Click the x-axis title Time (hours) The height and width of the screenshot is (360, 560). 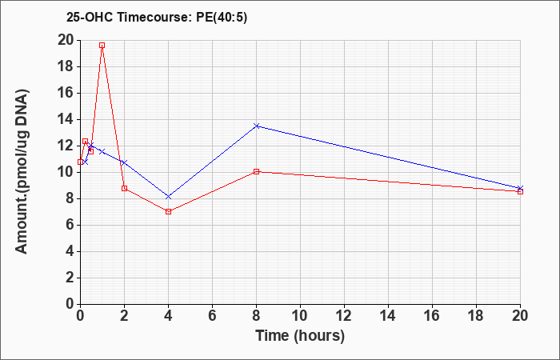300,335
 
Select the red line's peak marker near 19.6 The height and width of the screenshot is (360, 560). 102,46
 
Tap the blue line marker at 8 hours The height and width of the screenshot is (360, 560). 256,126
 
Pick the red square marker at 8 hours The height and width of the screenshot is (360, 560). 256,171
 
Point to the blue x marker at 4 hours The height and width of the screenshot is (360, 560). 168,196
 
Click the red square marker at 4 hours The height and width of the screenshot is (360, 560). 168,211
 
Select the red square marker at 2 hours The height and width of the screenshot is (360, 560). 124,188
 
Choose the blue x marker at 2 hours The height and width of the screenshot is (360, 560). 124,162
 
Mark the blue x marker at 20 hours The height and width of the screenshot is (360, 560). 520,188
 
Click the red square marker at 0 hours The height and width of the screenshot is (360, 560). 80,162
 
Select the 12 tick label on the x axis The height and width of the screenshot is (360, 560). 344,315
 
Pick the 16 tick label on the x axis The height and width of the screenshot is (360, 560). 432,315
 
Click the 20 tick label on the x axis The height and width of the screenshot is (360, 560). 520,315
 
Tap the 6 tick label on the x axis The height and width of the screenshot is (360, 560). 212,315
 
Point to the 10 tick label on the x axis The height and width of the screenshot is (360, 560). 300,315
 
